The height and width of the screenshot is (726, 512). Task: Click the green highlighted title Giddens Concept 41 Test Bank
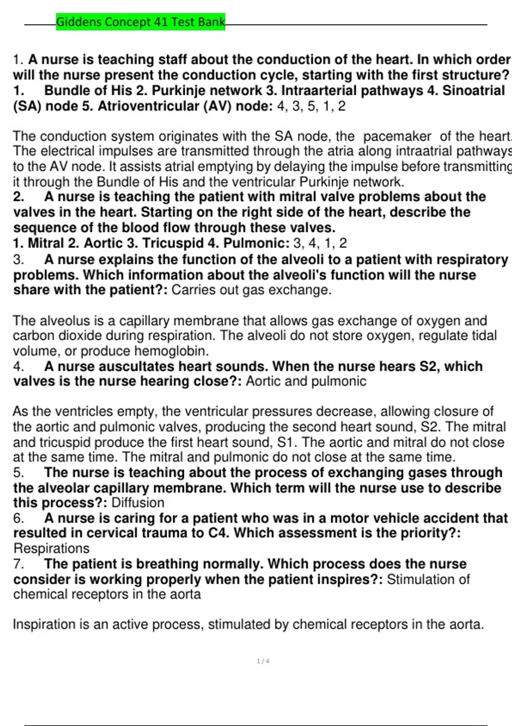point(140,22)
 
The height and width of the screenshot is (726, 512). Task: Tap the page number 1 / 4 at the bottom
point(263,662)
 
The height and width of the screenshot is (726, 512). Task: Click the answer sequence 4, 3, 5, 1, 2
point(311,106)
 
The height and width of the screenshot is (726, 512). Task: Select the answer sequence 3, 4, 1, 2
point(320,243)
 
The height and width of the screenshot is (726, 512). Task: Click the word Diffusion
point(138,503)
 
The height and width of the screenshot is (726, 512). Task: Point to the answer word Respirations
point(51,548)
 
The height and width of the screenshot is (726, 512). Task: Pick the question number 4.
point(18,366)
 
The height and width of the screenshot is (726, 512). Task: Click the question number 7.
point(18,564)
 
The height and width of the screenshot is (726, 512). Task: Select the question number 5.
point(18,473)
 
